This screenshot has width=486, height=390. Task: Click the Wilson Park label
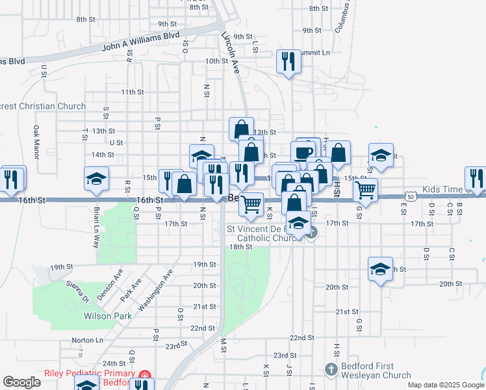tap(108, 317)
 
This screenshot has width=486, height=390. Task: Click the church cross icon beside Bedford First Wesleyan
tap(331, 369)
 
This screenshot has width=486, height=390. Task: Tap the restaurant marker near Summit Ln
tap(287, 62)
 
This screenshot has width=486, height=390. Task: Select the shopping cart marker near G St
tap(366, 190)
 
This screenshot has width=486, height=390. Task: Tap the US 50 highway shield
tap(411, 195)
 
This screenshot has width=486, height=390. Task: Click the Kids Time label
tap(445, 189)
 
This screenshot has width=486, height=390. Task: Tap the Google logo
tap(21, 382)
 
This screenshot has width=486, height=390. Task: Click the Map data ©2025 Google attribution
tap(445, 385)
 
